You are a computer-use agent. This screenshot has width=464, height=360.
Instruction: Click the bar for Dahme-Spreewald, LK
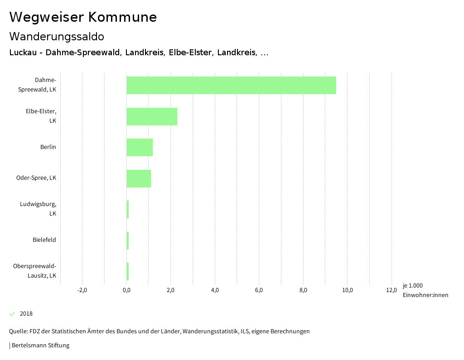(x=231, y=85)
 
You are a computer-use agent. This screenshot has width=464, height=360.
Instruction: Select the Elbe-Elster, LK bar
(x=152, y=116)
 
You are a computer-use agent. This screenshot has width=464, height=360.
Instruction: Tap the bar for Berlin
(x=140, y=147)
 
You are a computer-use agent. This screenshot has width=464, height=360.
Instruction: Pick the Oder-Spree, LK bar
(x=139, y=178)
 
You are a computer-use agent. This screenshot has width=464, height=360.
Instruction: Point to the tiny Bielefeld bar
(x=128, y=240)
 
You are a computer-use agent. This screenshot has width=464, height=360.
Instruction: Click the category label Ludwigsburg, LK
(x=38, y=209)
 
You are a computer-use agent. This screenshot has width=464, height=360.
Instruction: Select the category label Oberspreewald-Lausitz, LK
(x=35, y=271)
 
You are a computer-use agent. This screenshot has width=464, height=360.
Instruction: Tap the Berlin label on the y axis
(x=48, y=147)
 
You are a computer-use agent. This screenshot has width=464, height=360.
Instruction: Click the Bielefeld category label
(x=44, y=240)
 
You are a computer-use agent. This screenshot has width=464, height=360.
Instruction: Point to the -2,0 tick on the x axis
(x=82, y=290)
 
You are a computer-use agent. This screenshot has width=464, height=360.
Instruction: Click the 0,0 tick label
(x=126, y=290)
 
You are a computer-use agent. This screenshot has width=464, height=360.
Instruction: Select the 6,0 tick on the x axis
(x=259, y=290)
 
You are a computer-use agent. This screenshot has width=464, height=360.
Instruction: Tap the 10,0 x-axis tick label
(x=348, y=290)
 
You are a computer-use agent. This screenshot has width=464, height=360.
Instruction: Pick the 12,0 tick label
(x=391, y=290)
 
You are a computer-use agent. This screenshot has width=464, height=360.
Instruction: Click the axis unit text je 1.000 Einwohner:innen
(x=425, y=290)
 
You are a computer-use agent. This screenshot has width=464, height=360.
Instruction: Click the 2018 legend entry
(x=26, y=314)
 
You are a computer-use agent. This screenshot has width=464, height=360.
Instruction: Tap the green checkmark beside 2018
(x=12, y=314)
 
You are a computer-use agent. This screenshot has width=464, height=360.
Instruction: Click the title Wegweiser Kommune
(x=83, y=17)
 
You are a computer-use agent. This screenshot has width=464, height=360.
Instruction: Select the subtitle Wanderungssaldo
(x=57, y=36)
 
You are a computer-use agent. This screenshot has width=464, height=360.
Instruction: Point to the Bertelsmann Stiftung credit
(x=39, y=346)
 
